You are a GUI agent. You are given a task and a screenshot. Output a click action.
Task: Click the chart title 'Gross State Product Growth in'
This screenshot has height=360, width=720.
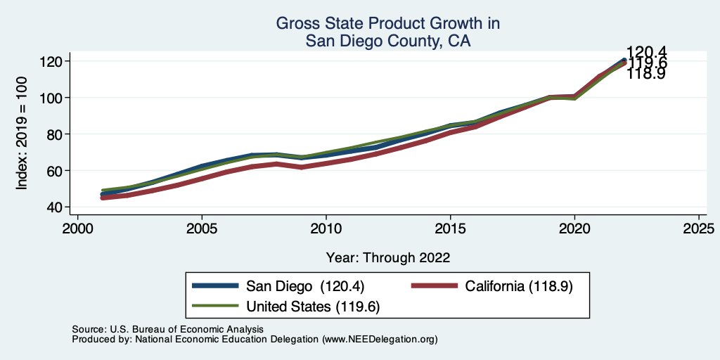387,23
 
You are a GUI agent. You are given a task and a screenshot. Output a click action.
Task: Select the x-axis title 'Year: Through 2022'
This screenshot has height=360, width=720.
388,257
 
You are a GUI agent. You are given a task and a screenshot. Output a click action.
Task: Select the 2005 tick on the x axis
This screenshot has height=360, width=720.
202,229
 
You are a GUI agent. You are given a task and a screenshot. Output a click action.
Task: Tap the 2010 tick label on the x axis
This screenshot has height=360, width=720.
326,229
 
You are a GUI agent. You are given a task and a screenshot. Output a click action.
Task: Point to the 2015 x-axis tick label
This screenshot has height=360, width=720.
450,229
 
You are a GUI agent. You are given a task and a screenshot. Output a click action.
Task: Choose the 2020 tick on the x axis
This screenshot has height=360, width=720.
574,229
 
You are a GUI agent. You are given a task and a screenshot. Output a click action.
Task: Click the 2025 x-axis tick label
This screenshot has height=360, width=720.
698,229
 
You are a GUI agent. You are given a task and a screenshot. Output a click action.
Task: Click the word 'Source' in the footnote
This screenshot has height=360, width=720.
88,329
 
